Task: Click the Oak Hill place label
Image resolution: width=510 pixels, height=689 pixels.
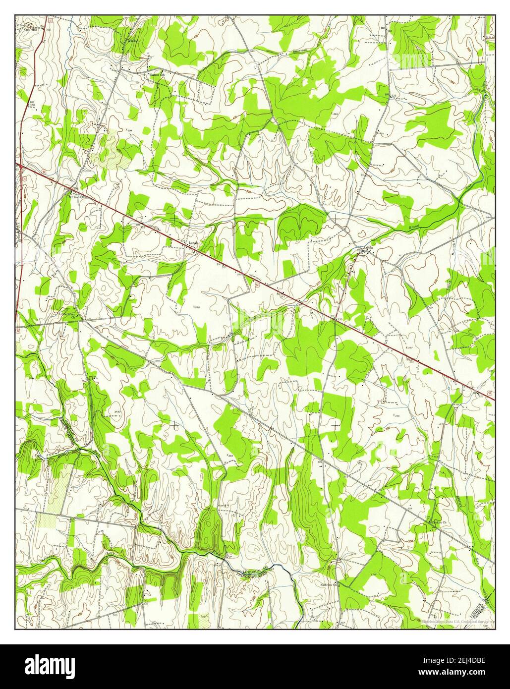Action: coord(31,29)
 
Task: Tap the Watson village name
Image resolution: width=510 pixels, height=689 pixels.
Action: coord(132,41)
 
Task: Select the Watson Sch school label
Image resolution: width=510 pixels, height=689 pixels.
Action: coord(158,75)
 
